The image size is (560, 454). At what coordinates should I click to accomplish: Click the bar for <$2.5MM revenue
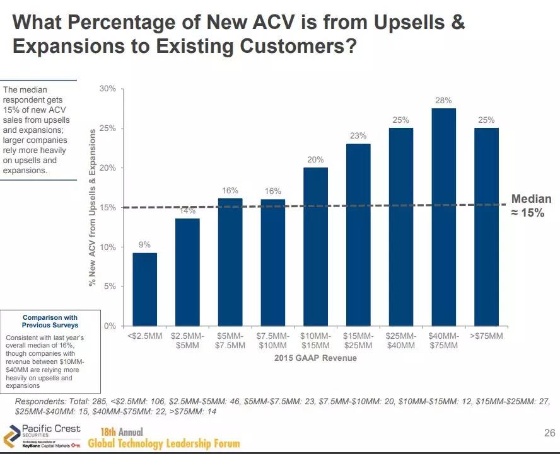[144, 289]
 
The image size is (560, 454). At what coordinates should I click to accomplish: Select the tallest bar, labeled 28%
[443, 217]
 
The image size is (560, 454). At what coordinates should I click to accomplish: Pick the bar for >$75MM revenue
[486, 227]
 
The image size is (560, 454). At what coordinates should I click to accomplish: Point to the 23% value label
[358, 135]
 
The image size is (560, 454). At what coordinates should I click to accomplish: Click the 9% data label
[144, 244]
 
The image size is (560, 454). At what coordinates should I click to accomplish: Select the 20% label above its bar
[315, 160]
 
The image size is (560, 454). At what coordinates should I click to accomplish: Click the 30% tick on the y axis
[108, 89]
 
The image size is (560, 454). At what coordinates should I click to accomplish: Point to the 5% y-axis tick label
[110, 287]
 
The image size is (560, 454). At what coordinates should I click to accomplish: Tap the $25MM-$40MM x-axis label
[401, 341]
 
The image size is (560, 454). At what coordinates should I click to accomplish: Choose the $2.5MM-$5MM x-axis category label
[187, 341]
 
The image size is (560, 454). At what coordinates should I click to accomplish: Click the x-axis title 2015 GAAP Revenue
[315, 358]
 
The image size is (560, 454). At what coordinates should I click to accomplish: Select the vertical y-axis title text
[93, 208]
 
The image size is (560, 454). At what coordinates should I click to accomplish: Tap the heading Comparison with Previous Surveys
[50, 321]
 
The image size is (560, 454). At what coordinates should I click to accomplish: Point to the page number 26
[549, 433]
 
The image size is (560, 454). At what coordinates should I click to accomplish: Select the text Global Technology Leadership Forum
[164, 443]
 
